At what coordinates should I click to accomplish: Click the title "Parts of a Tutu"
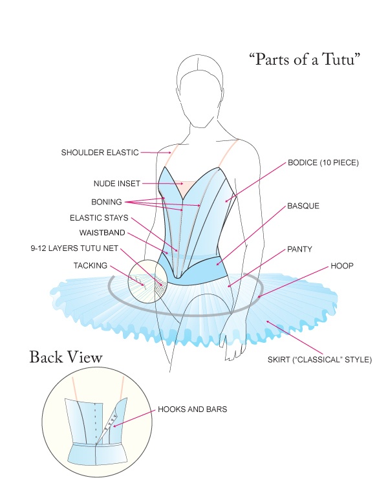(x=304, y=60)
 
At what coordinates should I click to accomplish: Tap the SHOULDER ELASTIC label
(x=100, y=153)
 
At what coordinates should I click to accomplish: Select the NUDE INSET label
(x=117, y=183)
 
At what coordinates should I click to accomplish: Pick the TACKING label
(x=90, y=265)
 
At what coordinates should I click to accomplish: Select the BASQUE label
(x=303, y=206)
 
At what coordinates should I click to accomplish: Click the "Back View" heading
(x=65, y=357)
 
